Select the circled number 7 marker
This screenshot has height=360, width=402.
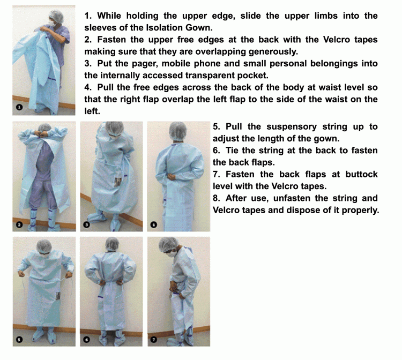(153, 339)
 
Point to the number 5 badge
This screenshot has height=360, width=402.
(19, 339)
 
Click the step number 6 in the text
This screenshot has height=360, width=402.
(216, 151)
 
